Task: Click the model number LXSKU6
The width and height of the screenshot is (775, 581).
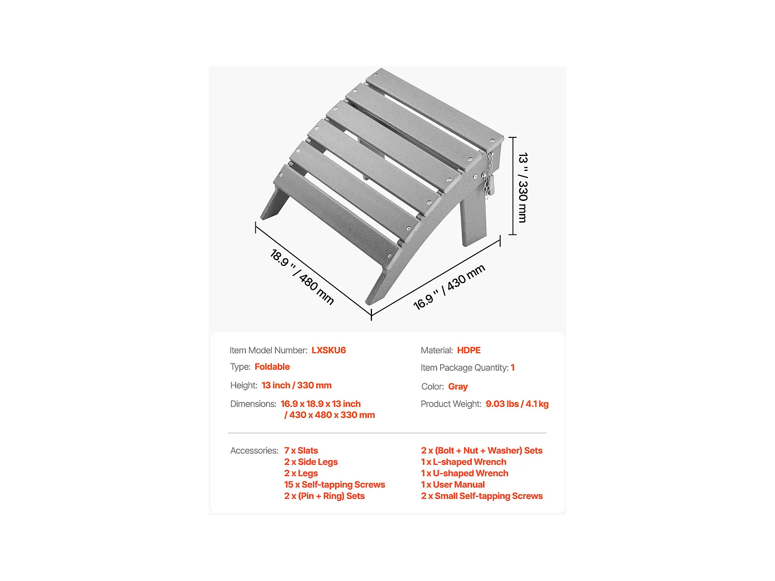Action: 329,350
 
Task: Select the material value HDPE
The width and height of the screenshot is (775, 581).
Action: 469,350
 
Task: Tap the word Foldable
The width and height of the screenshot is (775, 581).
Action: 272,367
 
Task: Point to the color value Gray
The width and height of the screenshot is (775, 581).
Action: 458,386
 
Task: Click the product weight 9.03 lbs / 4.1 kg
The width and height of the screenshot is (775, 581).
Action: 517,404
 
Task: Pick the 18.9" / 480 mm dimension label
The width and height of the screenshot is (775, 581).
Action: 302,277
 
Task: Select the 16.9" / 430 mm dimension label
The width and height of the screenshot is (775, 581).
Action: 449,287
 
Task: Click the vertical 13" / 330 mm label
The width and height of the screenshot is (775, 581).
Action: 523,187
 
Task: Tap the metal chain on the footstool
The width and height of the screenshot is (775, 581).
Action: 487,176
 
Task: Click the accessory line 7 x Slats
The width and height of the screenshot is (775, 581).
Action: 301,450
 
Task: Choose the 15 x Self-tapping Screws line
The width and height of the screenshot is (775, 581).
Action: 334,484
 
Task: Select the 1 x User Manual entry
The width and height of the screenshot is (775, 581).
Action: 453,484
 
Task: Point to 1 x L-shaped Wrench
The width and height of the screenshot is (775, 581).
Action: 463,462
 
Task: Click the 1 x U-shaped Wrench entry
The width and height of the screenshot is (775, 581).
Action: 464,473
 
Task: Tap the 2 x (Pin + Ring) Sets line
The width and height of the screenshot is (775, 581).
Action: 324,496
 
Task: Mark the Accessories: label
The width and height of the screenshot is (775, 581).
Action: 254,450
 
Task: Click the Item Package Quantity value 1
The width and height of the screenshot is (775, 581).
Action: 513,368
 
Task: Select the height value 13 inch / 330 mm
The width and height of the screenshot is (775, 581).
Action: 297,385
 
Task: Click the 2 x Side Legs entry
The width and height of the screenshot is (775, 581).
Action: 311,462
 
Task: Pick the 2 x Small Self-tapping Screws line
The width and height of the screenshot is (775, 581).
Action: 482,496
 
